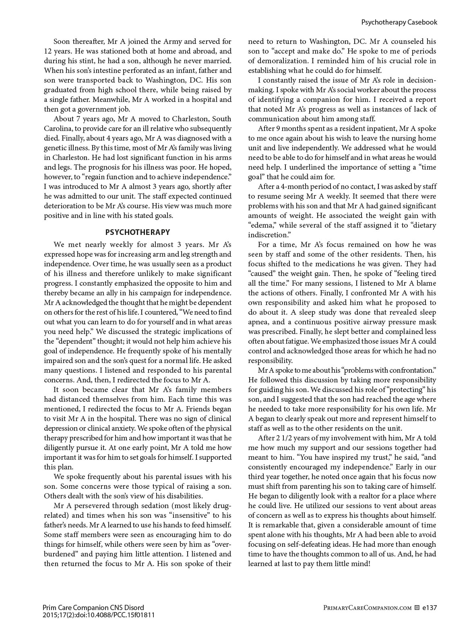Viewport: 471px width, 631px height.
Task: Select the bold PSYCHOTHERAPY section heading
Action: tap(138, 232)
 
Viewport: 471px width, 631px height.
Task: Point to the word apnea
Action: tap(258, 322)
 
